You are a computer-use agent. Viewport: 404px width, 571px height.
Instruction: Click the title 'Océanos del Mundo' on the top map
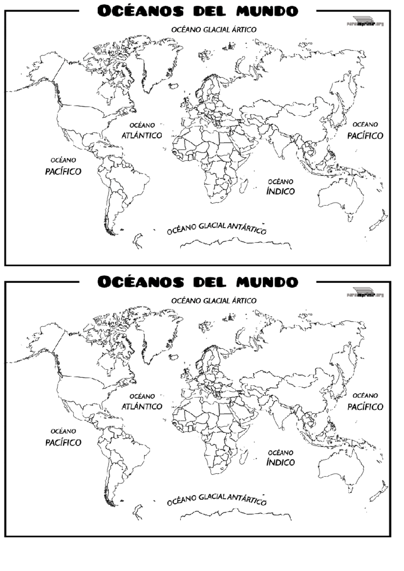tap(198, 11)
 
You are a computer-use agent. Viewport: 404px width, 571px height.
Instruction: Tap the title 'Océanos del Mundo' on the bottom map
tap(198, 282)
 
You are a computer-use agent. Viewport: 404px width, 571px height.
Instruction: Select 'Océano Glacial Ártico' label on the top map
tap(214, 30)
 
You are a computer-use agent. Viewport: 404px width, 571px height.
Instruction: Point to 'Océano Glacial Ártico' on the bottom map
tap(214, 301)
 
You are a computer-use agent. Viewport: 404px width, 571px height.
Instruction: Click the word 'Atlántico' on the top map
tap(142, 135)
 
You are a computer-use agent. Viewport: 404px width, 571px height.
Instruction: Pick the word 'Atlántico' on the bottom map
tap(142, 406)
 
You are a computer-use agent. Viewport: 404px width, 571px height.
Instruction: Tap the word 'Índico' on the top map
tap(280, 191)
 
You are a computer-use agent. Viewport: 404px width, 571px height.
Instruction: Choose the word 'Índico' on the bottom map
tap(280, 462)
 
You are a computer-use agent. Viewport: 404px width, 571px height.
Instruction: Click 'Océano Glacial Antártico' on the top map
tap(217, 228)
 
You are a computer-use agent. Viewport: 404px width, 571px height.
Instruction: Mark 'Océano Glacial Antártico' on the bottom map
tap(217, 499)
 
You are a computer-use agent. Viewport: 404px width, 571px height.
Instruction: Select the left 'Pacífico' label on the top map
tap(63, 171)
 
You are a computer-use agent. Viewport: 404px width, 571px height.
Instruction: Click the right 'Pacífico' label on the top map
tap(365, 136)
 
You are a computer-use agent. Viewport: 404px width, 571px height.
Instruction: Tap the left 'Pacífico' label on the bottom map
tap(63, 442)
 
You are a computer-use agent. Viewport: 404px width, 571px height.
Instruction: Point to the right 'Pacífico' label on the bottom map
tap(365, 407)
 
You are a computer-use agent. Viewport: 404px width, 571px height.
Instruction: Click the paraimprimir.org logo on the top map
tap(365, 21)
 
